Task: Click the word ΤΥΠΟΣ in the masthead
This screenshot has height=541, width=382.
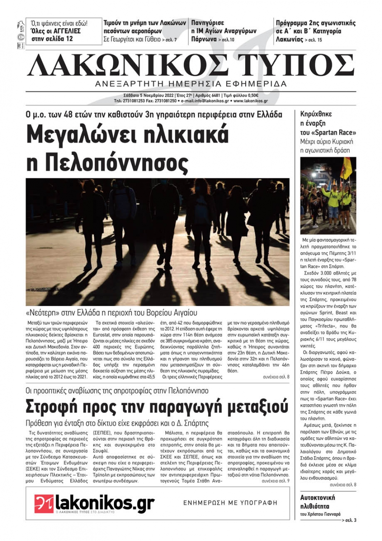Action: (x=296, y=65)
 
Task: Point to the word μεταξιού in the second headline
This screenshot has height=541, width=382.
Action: (x=258, y=407)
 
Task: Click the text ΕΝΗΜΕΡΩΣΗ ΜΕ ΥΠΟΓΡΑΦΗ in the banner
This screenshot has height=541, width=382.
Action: (x=230, y=503)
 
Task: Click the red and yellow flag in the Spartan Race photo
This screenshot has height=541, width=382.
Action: (x=347, y=169)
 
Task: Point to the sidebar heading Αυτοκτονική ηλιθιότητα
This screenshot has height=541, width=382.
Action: (x=317, y=502)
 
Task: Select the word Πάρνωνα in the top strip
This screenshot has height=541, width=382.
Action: (x=204, y=39)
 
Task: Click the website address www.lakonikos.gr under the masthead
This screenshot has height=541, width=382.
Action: (x=251, y=101)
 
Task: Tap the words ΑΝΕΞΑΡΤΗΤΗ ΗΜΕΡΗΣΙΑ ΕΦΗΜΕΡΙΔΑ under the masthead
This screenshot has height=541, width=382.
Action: (x=191, y=84)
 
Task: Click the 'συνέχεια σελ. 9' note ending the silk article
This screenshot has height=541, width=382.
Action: (x=275, y=481)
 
